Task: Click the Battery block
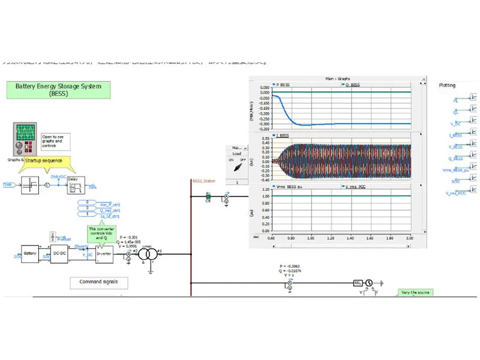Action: pos(30,254)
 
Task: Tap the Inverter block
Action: pos(104,254)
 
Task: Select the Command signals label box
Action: pos(98,281)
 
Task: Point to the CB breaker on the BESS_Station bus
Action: pos(208,196)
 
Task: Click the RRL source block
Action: pos(358,283)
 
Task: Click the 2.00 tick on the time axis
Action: pos(409,238)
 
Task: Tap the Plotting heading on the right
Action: pos(447,86)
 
